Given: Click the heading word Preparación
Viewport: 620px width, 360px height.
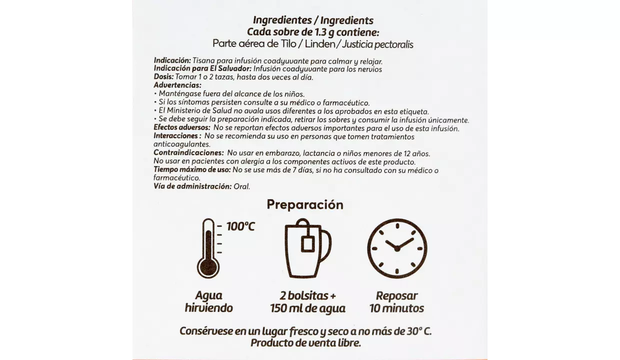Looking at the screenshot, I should click(x=305, y=204).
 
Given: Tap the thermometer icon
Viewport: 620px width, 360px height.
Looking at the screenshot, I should click(x=208, y=248).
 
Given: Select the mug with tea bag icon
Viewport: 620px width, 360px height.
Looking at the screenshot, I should click(x=306, y=248).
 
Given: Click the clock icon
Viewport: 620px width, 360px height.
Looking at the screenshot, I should click(x=397, y=248).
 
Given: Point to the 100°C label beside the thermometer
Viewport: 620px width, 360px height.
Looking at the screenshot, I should click(x=240, y=226).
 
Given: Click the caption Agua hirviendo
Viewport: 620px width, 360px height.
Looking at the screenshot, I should click(x=208, y=301).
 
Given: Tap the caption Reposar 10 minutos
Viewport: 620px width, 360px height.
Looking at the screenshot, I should click(x=396, y=301).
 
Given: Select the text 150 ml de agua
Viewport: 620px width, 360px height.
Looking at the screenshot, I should click(x=307, y=308).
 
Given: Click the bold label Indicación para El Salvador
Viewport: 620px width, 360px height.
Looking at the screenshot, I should click(x=202, y=69).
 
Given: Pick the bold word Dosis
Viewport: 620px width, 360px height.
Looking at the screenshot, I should click(x=164, y=77).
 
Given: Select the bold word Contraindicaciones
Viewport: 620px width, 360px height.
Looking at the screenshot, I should click(x=188, y=153).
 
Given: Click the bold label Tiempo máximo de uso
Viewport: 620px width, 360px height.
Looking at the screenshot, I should click(x=192, y=170).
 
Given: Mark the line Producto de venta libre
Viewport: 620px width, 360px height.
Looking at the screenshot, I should click(x=305, y=343).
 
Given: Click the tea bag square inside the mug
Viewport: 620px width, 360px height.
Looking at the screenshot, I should click(x=307, y=243).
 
